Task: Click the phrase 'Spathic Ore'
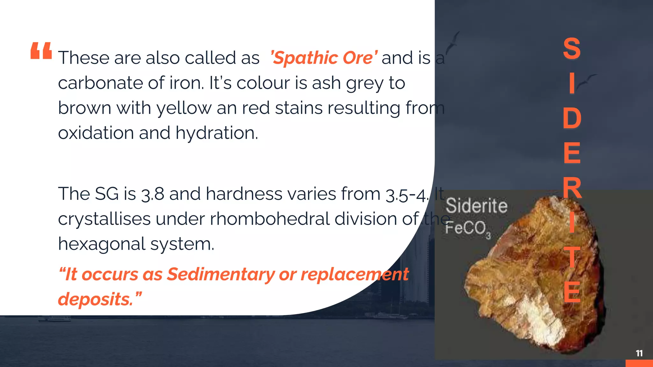click(x=324, y=58)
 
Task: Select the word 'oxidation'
click(x=96, y=133)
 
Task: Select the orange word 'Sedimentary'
click(x=221, y=274)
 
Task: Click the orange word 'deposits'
click(x=95, y=299)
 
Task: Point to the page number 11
click(x=639, y=353)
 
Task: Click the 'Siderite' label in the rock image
click(x=476, y=206)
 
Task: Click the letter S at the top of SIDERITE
click(x=572, y=49)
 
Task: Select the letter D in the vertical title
click(x=572, y=118)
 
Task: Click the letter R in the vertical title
click(x=572, y=188)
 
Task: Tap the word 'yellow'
click(x=184, y=108)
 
